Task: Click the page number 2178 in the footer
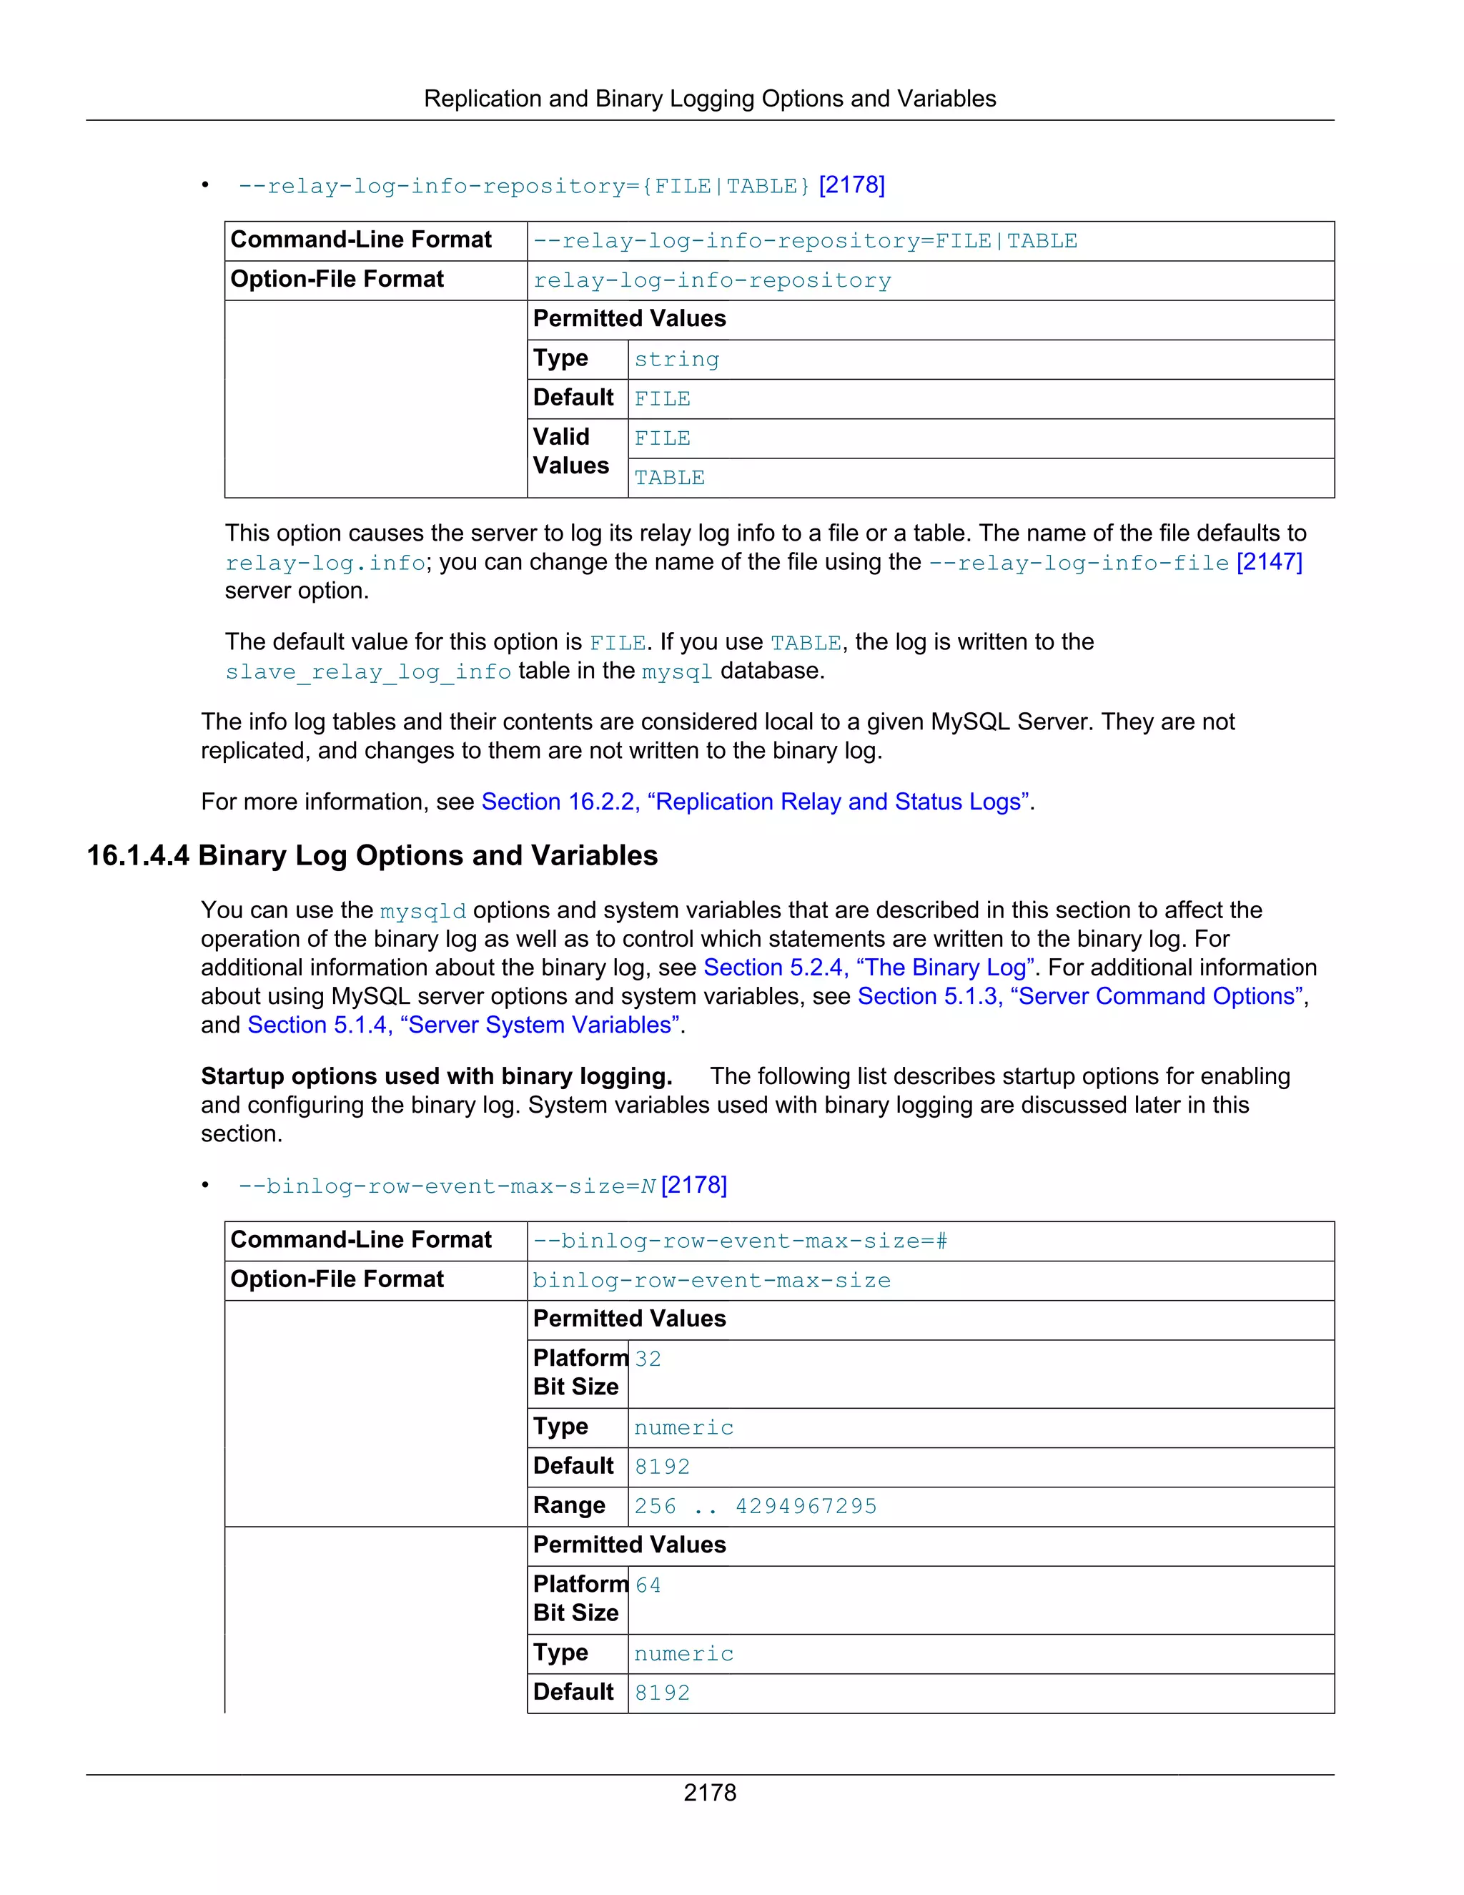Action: click(709, 1792)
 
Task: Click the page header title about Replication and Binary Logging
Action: click(709, 99)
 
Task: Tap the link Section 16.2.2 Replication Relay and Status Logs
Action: click(755, 802)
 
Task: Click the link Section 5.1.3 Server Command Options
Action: click(1080, 996)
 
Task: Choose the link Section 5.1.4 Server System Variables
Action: click(463, 1025)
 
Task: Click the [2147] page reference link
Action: click(1269, 562)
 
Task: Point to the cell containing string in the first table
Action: click(676, 359)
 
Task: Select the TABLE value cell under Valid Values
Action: click(670, 478)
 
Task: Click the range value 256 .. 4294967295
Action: click(755, 1506)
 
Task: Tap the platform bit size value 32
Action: click(648, 1359)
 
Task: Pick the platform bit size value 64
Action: click(648, 1585)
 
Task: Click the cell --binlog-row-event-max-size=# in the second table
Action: click(740, 1241)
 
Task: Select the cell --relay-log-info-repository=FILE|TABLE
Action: click(805, 241)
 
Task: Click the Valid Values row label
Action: click(570, 451)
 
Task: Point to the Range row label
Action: click(569, 1505)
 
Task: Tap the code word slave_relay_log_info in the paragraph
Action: click(367, 671)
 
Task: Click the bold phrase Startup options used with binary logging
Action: click(436, 1077)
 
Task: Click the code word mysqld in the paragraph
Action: click(422, 911)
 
